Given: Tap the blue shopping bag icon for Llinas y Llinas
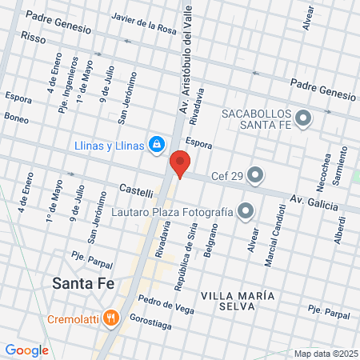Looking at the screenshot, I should (158, 145).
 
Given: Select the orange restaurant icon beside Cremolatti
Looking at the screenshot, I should (111, 318).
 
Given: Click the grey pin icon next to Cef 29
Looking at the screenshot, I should (255, 174).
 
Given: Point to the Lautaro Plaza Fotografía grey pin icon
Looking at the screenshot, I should (246, 212).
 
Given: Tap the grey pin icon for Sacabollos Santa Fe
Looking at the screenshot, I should (303, 119).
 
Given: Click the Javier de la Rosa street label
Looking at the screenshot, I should (144, 28).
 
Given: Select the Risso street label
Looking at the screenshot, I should (34, 37).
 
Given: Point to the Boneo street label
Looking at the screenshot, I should (16, 118).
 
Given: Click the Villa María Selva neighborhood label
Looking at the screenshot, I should (238, 295).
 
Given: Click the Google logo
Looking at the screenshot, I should (26, 350).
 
